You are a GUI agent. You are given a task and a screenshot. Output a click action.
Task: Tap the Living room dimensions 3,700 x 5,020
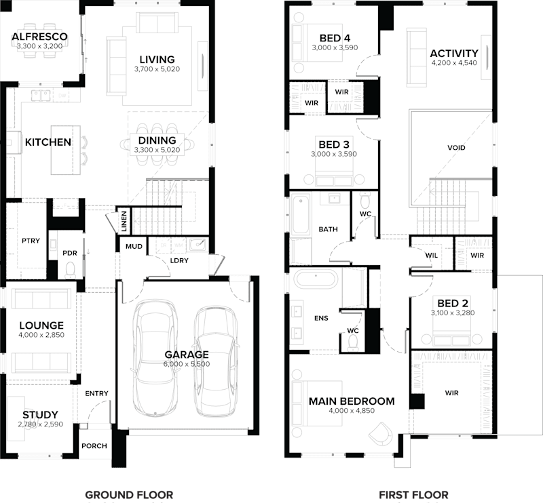157,69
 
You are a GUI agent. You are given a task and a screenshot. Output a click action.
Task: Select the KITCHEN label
48,142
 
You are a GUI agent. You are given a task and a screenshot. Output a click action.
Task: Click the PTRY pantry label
30,240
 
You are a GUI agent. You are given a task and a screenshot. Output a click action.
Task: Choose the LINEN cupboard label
124,218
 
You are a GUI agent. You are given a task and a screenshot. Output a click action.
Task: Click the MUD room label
134,246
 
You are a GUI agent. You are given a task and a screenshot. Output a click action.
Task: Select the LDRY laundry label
179,261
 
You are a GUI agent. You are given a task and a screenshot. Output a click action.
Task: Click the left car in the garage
155,359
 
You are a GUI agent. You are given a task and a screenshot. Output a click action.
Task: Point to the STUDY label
40,414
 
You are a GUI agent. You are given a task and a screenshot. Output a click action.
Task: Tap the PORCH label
93,446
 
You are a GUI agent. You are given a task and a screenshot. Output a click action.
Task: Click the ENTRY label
96,393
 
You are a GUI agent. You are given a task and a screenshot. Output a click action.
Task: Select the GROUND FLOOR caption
129,495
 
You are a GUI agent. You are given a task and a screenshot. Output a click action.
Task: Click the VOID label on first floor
457,148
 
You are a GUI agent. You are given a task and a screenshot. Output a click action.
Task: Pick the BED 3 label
334,144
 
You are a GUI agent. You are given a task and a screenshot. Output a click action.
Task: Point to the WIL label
431,256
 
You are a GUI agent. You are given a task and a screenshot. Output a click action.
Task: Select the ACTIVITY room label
454,54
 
